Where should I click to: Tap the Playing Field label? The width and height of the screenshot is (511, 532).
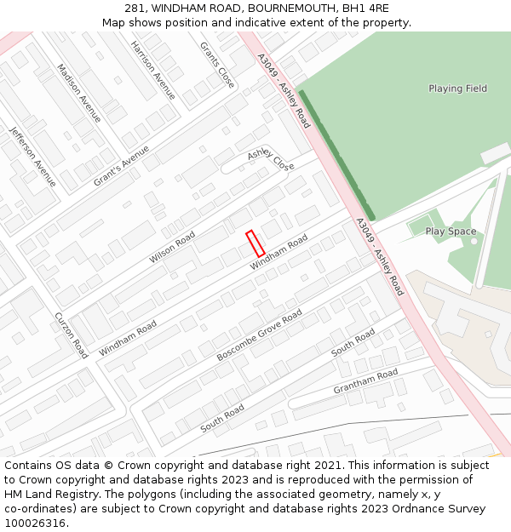[457, 89]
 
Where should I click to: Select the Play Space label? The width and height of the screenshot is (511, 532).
[451, 232]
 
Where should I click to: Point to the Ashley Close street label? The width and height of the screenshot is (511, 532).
[271, 159]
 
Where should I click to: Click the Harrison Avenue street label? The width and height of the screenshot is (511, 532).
[153, 70]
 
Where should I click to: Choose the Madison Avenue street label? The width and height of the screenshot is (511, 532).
[79, 93]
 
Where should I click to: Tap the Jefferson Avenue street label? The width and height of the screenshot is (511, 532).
[33, 157]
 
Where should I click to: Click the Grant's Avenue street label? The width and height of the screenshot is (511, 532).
[121, 166]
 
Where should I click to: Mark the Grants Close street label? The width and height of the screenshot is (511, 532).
[216, 65]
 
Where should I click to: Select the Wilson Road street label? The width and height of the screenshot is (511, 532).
[172, 247]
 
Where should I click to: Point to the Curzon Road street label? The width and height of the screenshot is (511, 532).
[71, 335]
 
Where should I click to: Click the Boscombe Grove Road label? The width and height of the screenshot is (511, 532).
[259, 335]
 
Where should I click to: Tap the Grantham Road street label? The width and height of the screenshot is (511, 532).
[365, 380]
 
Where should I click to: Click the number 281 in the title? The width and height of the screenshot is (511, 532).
[135, 9]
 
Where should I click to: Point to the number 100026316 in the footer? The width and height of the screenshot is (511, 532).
[35, 523]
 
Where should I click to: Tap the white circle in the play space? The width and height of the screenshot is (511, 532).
[474, 242]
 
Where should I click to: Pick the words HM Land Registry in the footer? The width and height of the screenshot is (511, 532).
[47, 494]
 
